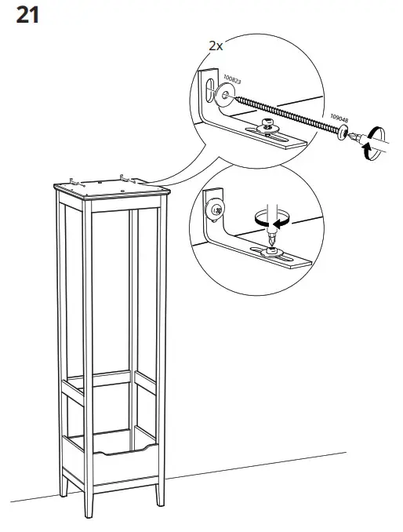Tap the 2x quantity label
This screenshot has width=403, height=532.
click(216, 46)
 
